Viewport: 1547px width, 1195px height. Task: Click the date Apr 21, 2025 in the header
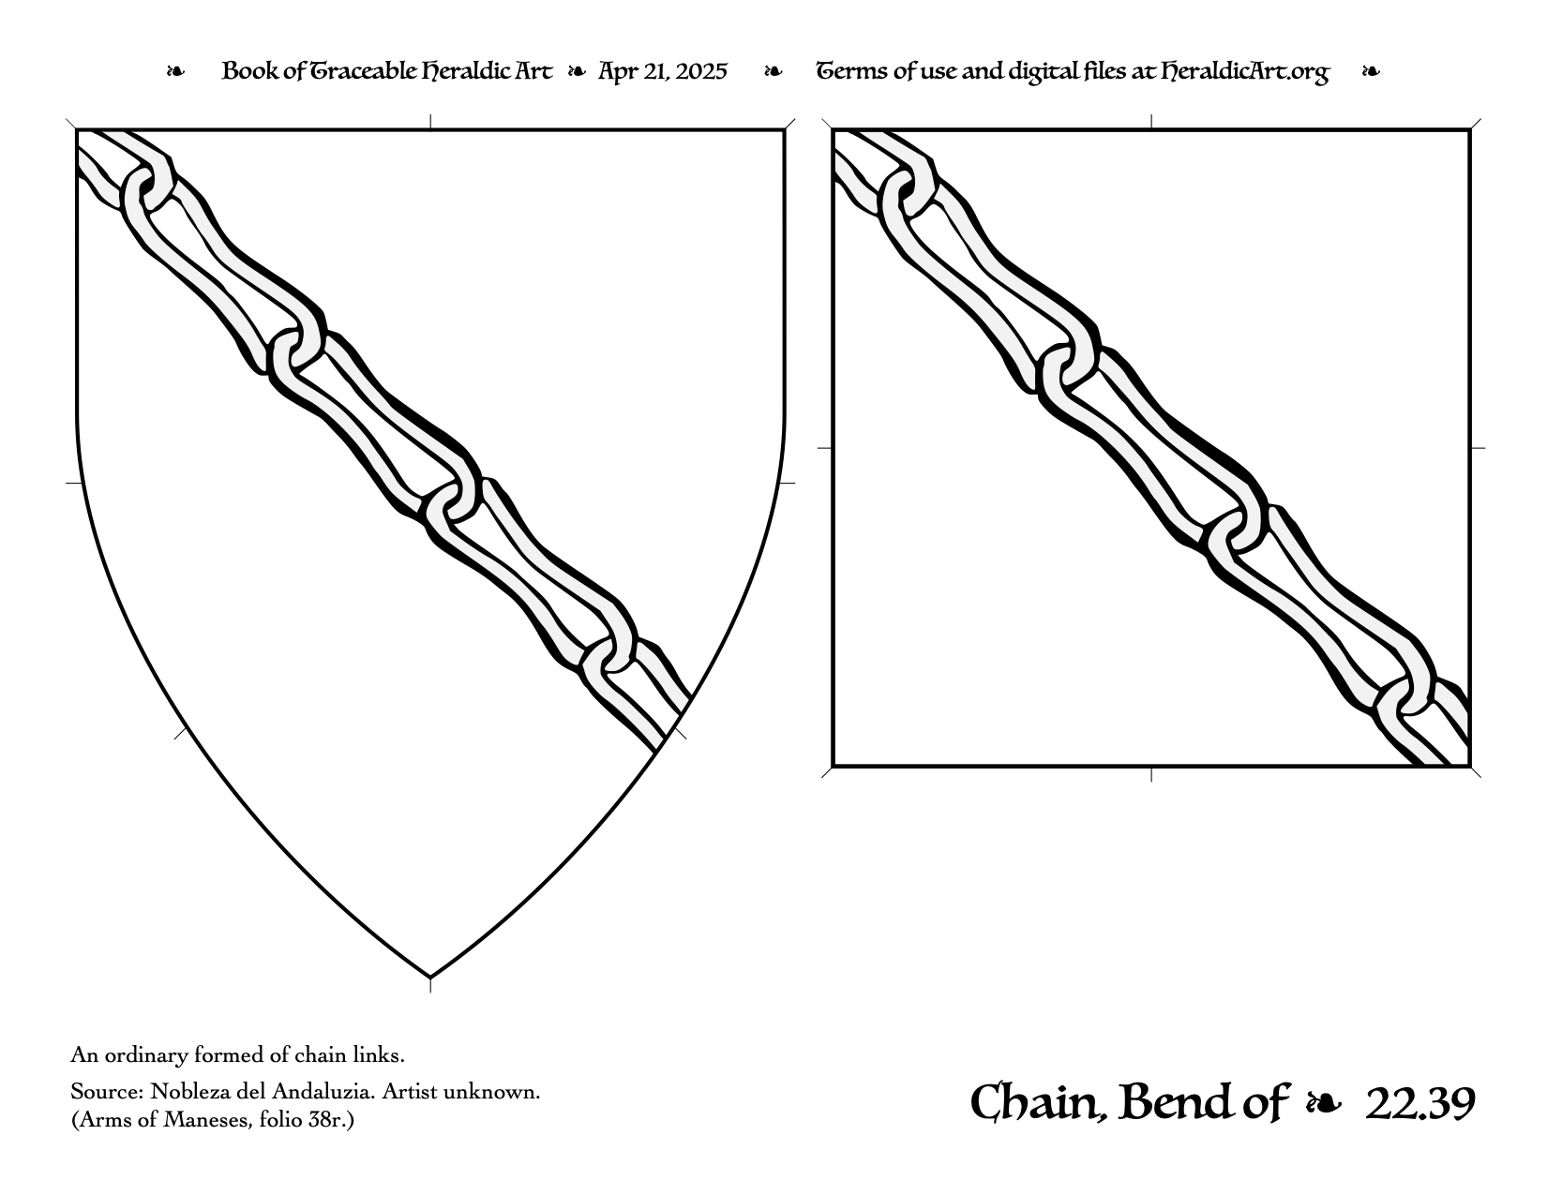pyautogui.click(x=663, y=71)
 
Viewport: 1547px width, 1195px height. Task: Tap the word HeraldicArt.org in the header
pyautogui.click(x=1245, y=72)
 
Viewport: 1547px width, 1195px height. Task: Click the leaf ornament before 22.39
pyautogui.click(x=1324, y=1104)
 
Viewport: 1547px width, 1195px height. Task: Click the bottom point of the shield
pyautogui.click(x=430, y=978)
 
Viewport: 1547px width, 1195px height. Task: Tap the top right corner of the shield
pyautogui.click(x=785, y=130)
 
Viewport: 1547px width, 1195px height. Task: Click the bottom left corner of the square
pyautogui.click(x=833, y=767)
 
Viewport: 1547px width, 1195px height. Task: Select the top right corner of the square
pyautogui.click(x=1470, y=130)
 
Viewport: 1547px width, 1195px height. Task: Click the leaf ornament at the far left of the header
pyautogui.click(x=175, y=71)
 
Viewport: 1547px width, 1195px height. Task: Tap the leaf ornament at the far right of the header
pyautogui.click(x=1371, y=71)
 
